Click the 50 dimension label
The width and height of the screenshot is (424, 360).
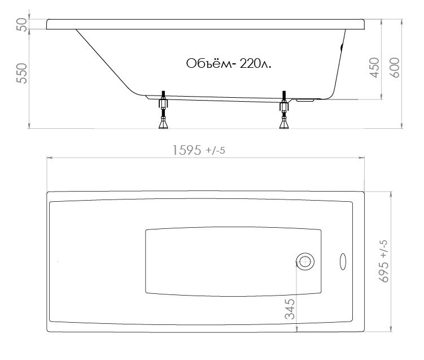(22, 25)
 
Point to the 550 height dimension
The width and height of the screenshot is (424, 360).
(22, 73)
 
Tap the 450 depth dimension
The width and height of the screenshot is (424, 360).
(374, 68)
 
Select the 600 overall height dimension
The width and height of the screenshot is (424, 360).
(395, 68)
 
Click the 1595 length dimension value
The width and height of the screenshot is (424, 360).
(187, 150)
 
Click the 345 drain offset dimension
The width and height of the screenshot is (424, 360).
(290, 309)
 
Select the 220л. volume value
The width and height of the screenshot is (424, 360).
(256, 64)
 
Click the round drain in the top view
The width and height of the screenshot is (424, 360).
(305, 262)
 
